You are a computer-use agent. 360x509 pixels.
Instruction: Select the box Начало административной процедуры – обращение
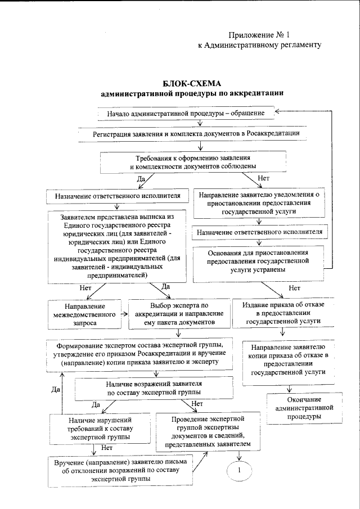click(x=190, y=114)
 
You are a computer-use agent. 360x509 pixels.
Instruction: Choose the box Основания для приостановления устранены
click(x=259, y=262)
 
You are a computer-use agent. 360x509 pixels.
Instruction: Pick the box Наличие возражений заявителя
click(x=154, y=388)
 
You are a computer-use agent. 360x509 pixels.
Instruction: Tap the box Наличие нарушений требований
click(x=100, y=428)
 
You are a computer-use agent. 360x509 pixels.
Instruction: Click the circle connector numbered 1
click(x=239, y=470)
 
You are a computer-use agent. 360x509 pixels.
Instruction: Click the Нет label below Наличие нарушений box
click(x=107, y=448)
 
